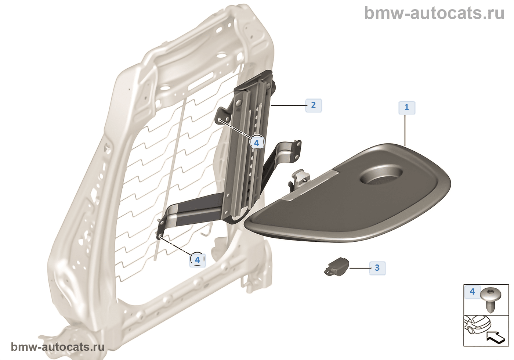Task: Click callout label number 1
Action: tap(407, 107)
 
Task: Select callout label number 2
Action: tap(314, 105)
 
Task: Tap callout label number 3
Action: tap(377, 268)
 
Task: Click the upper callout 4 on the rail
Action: tap(257, 143)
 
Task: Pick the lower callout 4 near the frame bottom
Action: tap(198, 260)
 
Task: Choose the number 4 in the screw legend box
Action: tap(472, 292)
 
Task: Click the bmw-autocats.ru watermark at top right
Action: tap(434, 13)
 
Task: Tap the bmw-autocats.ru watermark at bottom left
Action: tap(58, 347)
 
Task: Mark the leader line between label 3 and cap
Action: tap(359, 268)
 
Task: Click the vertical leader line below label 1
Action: tap(405, 130)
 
